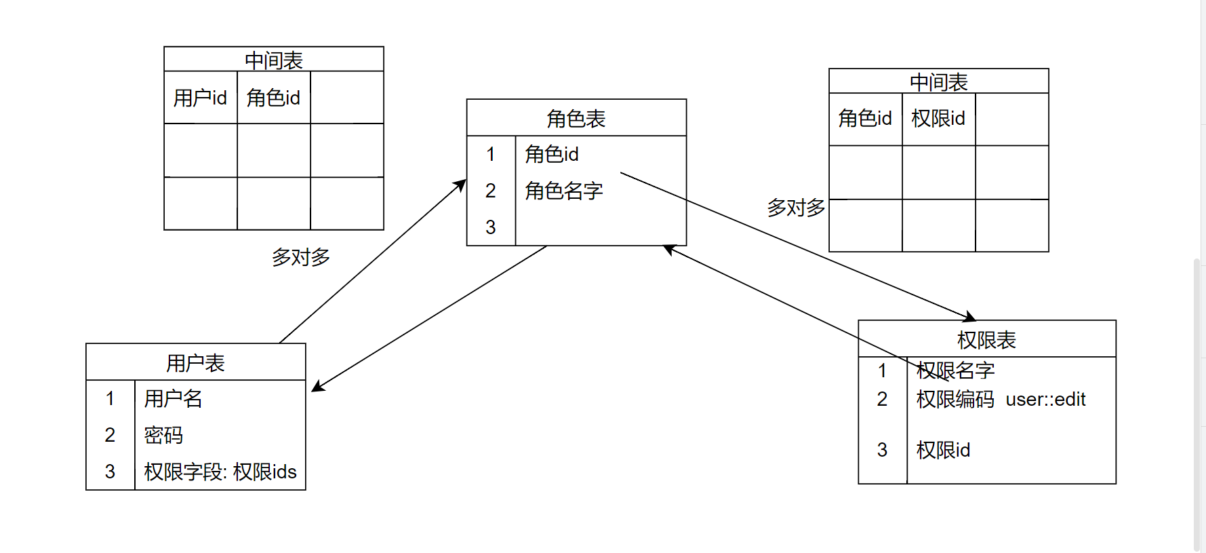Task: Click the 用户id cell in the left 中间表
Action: (x=200, y=98)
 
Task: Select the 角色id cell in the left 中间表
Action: (x=273, y=98)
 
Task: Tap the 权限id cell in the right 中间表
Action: (x=938, y=119)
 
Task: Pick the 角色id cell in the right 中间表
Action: (x=865, y=119)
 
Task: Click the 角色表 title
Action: (x=576, y=119)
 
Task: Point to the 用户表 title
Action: (x=195, y=363)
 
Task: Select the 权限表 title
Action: (x=986, y=340)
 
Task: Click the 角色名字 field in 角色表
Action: (x=564, y=191)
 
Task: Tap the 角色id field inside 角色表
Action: (x=552, y=154)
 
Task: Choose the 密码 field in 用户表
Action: (x=163, y=435)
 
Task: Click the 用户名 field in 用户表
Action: (x=174, y=398)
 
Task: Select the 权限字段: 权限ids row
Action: (x=220, y=472)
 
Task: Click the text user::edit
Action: (x=1045, y=400)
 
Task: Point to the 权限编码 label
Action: (x=955, y=400)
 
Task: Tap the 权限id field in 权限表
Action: (x=943, y=450)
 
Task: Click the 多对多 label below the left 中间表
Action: (x=301, y=257)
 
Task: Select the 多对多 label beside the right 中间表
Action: (x=796, y=208)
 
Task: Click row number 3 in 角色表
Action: (x=491, y=227)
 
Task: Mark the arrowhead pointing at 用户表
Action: (x=316, y=388)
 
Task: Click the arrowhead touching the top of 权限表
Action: (x=971, y=317)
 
